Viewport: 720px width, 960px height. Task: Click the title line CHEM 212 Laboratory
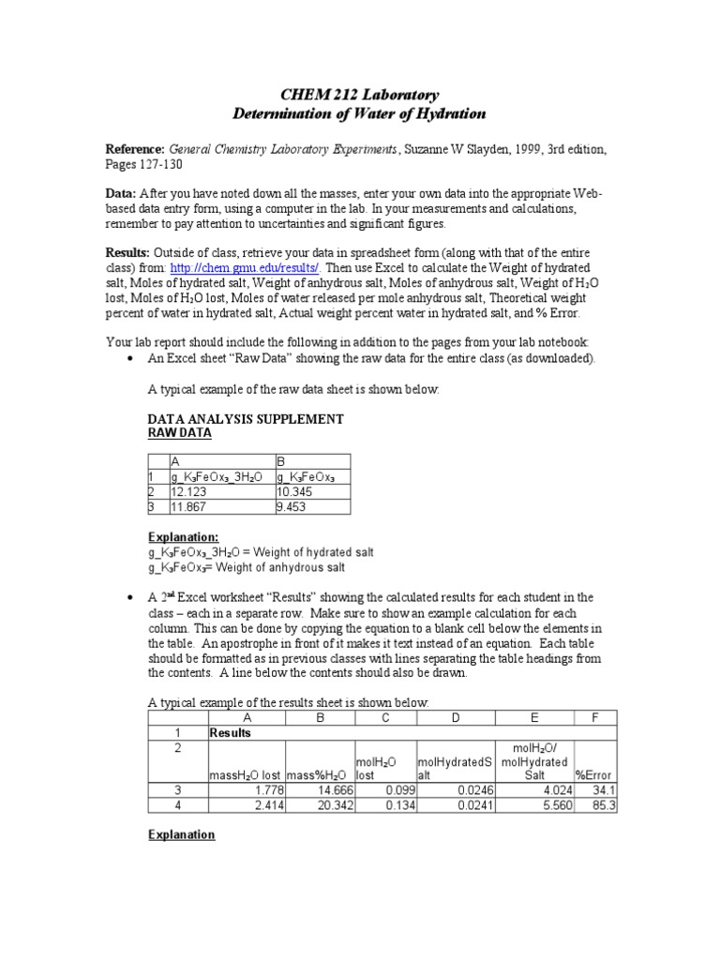coord(360,95)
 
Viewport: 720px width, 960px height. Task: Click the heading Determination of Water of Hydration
coord(360,113)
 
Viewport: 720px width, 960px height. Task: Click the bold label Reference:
coord(134,149)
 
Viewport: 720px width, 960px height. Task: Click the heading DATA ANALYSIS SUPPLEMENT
coord(246,419)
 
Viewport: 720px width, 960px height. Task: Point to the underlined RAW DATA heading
coord(180,433)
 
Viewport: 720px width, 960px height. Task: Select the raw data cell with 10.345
coord(295,491)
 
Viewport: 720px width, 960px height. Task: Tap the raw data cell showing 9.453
coord(292,506)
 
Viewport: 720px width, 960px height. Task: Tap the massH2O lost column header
coord(245,774)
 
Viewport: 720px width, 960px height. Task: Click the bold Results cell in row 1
coord(231,732)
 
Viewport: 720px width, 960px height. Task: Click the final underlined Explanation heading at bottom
coord(181,834)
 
